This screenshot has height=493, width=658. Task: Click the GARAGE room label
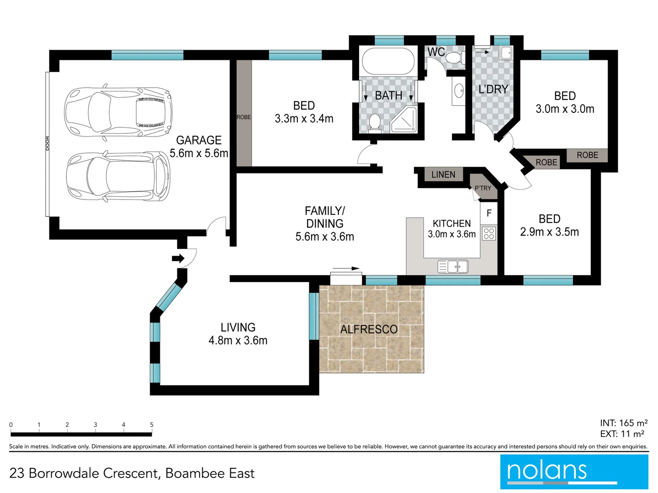pyautogui.click(x=199, y=140)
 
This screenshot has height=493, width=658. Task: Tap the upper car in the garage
pyautogui.click(x=118, y=110)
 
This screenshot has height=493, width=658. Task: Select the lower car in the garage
pyautogui.click(x=118, y=177)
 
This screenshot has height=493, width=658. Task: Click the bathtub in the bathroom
pyautogui.click(x=388, y=62)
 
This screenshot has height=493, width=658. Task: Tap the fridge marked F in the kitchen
pyautogui.click(x=489, y=213)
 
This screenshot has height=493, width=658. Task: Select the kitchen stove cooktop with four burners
pyautogui.click(x=489, y=234)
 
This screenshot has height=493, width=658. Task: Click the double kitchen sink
pyautogui.click(x=453, y=267)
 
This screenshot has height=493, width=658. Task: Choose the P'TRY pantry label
pyautogui.click(x=483, y=188)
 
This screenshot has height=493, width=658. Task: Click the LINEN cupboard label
pyautogui.click(x=443, y=174)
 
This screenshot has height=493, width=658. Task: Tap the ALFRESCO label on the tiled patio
pyautogui.click(x=369, y=329)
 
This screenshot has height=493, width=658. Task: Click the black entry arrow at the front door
pyautogui.click(x=178, y=259)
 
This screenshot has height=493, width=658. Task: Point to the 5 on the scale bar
pyautogui.click(x=152, y=425)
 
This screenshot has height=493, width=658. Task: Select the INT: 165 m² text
pyautogui.click(x=624, y=423)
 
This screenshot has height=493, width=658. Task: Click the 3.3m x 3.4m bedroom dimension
pyautogui.click(x=304, y=119)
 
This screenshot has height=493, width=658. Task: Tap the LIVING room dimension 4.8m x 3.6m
pyautogui.click(x=238, y=341)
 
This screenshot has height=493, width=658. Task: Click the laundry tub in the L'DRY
pyautogui.click(x=506, y=53)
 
